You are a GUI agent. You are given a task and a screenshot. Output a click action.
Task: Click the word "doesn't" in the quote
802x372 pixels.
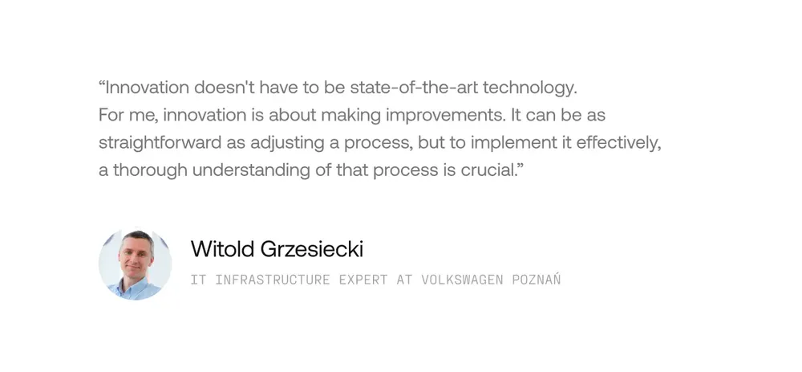tap(224, 88)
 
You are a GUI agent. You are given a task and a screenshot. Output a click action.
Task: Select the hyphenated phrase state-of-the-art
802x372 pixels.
tap(414, 88)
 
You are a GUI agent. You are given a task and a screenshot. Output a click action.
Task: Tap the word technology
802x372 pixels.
tap(530, 88)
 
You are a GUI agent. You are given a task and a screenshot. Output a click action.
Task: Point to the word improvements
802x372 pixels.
tap(444, 116)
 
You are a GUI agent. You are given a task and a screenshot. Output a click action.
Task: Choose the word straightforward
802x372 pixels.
tap(160, 143)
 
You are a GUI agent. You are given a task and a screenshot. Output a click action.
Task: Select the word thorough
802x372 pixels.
tap(151, 171)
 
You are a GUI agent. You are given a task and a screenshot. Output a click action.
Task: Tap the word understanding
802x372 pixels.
tap(251, 171)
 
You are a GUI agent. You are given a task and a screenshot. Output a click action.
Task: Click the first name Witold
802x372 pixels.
tap(222, 250)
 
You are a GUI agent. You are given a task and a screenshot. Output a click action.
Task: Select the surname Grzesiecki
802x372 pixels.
tap(312, 250)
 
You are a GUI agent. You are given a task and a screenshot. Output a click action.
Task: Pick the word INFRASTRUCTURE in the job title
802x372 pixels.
tap(273, 280)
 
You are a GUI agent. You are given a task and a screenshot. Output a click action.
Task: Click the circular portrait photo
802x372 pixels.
tap(135, 264)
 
